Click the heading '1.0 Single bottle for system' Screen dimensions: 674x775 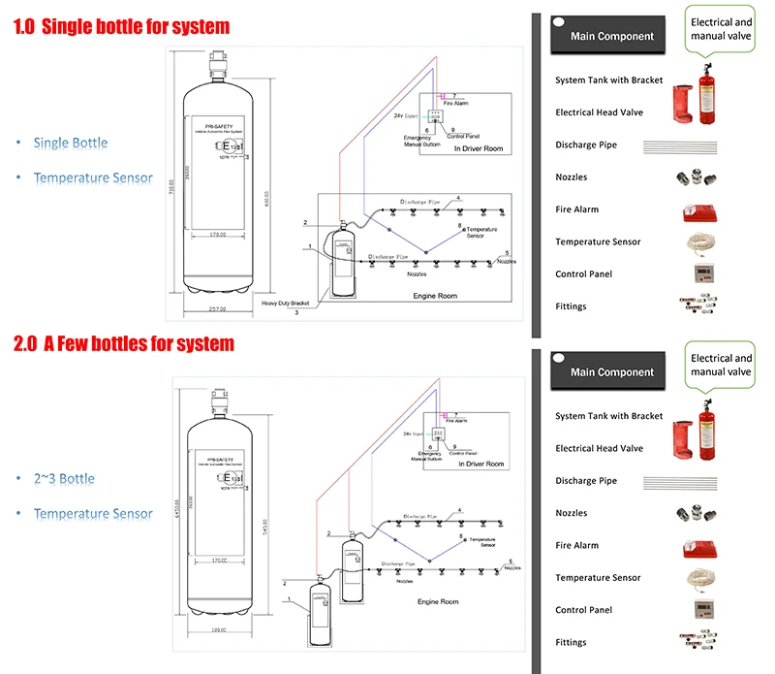pyautogui.click(x=121, y=27)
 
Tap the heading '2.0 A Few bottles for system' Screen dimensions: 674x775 pyautogui.click(x=123, y=343)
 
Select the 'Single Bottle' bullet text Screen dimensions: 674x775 pyautogui.click(x=71, y=144)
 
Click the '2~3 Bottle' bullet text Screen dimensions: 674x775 pyautogui.click(x=64, y=479)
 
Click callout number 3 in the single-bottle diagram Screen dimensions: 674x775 pyautogui.click(x=296, y=312)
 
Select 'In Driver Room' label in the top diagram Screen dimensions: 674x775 pyautogui.click(x=479, y=149)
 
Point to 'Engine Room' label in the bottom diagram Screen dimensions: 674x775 pyautogui.click(x=438, y=602)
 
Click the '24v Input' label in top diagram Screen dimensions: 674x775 pyautogui.click(x=405, y=115)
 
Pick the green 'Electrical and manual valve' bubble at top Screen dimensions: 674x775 pyautogui.click(x=721, y=29)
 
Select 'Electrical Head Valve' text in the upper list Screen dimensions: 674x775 pyautogui.click(x=599, y=112)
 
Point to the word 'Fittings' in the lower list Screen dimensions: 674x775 pyautogui.click(x=571, y=642)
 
